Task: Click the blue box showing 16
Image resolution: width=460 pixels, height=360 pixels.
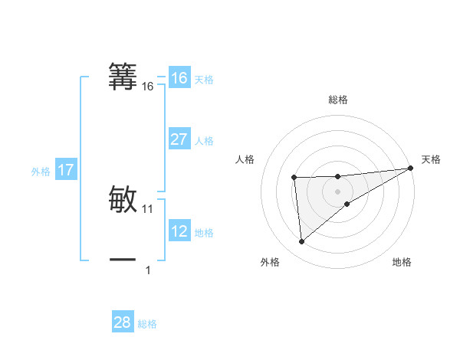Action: (179, 78)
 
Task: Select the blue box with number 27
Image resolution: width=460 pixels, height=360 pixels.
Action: (179, 139)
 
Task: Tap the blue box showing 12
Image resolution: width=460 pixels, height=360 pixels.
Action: (179, 231)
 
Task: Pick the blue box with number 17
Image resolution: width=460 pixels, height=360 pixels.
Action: (66, 170)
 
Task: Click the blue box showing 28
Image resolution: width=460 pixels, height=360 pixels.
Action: (122, 322)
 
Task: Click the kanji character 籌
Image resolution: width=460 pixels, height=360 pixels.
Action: (123, 76)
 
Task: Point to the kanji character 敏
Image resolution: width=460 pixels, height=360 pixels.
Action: (123, 198)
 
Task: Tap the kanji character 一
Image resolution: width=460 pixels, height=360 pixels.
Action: (123, 260)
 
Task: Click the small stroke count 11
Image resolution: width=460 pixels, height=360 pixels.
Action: (148, 208)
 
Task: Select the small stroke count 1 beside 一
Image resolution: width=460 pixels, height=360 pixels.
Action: (148, 270)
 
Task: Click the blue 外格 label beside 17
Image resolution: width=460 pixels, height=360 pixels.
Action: (41, 172)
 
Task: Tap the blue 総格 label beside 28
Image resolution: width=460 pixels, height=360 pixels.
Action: (147, 324)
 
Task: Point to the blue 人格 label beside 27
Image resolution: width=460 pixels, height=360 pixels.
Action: (204, 141)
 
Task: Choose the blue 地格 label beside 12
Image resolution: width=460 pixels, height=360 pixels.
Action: (204, 233)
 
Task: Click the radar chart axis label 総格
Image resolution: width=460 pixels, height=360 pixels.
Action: (337, 100)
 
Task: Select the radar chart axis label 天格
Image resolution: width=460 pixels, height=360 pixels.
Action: (431, 159)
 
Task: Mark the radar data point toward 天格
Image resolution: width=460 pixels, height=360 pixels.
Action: (411, 168)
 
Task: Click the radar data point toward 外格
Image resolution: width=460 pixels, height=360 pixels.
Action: (302, 242)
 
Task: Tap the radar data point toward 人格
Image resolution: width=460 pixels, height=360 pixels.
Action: (294, 178)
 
